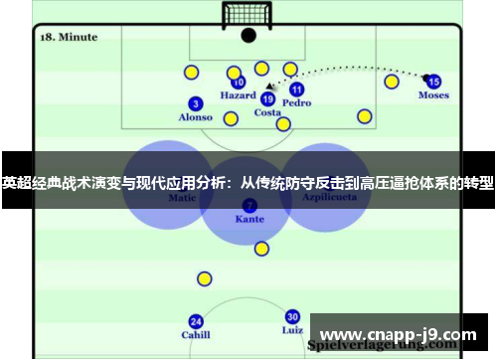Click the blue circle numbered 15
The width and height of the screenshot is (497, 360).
coord(432,82)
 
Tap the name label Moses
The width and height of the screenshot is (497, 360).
coord(433,95)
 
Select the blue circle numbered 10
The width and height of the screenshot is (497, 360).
coord(239,84)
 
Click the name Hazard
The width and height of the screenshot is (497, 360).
coord(238,96)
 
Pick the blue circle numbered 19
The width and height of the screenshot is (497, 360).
coord(267,98)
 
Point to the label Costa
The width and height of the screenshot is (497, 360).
coord(267,112)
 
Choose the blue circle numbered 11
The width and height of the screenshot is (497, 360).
coord(296,89)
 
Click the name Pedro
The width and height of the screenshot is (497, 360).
coord(296,102)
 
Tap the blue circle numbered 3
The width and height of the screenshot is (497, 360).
coord(196,103)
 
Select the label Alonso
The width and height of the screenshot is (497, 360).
coord(195,117)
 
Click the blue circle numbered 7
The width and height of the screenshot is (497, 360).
coord(249,205)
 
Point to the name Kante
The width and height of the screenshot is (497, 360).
coord(249,219)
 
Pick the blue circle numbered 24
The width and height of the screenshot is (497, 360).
coord(196,321)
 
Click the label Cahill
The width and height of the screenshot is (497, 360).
coord(196,335)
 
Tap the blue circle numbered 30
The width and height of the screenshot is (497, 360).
coord(292,316)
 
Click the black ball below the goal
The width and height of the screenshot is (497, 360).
coord(248,36)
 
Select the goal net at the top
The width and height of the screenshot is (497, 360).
coord(248,14)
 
